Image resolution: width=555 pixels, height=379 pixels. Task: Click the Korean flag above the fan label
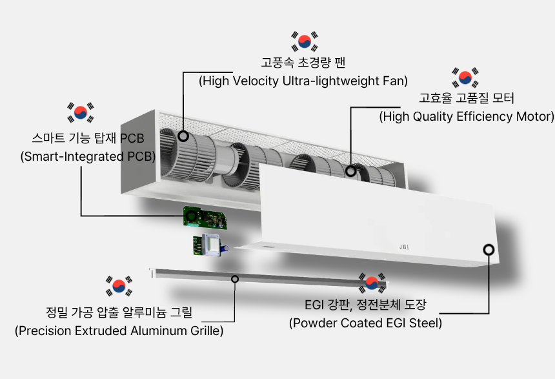[x=305, y=41]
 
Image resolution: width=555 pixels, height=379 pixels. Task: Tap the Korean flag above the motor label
[x=465, y=77]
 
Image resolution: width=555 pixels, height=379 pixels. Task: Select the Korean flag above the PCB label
[x=81, y=112]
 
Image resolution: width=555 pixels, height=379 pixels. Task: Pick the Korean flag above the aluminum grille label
[x=119, y=286]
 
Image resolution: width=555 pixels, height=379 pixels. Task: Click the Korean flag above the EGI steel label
[x=372, y=283]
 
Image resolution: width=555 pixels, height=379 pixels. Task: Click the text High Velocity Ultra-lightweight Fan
[x=303, y=81]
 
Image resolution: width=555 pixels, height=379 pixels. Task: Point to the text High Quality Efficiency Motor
[x=467, y=116]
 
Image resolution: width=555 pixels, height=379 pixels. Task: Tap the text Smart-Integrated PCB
[x=88, y=156]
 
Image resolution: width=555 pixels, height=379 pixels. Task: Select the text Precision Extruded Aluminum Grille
[x=119, y=331]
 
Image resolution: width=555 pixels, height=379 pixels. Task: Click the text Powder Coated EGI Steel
[x=366, y=323]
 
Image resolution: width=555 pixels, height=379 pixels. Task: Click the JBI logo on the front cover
[x=404, y=247]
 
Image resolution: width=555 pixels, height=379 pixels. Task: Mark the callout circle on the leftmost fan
[x=183, y=136]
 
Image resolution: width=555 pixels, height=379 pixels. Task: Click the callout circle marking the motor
[x=350, y=171]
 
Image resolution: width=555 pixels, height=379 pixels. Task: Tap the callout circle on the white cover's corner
[x=489, y=250]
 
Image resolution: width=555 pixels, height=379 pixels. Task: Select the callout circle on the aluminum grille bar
[x=235, y=279]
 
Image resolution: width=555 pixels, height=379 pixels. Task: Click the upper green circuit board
[x=205, y=217]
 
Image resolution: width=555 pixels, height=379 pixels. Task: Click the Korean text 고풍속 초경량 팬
[x=303, y=63]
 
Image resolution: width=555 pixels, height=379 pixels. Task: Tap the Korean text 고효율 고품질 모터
[x=467, y=98]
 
